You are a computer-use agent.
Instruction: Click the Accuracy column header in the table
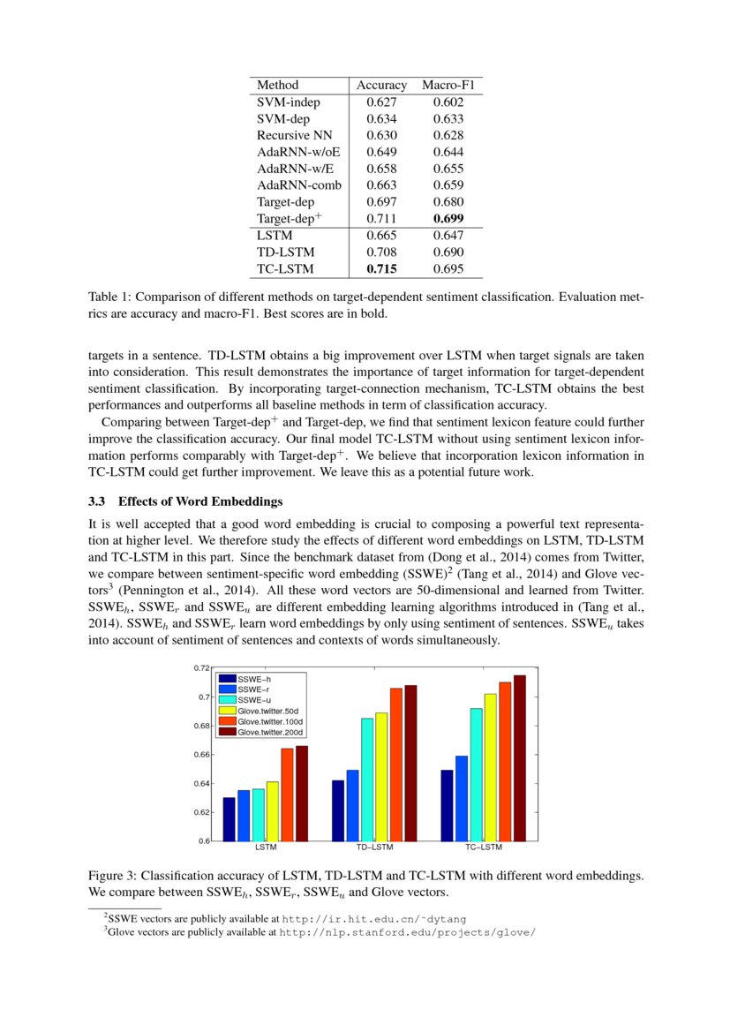click(x=381, y=86)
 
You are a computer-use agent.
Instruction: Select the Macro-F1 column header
click(x=448, y=86)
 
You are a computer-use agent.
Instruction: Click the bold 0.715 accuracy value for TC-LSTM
click(x=381, y=269)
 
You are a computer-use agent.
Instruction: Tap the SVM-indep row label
click(x=289, y=102)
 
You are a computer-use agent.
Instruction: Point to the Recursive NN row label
click(x=296, y=135)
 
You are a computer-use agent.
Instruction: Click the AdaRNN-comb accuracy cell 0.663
click(x=381, y=185)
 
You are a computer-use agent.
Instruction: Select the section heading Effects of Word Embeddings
click(x=200, y=502)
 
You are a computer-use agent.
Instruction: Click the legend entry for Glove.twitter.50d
click(x=268, y=710)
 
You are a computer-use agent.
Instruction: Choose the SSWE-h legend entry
click(x=254, y=678)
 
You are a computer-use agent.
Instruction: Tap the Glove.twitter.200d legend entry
click(x=270, y=732)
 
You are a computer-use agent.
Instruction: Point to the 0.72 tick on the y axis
click(x=202, y=668)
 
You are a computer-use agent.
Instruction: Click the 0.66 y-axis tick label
click(x=202, y=755)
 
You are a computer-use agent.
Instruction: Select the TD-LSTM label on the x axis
click(x=374, y=847)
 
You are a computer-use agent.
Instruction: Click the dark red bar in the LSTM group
click(x=302, y=794)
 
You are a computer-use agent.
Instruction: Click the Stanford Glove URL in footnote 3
click(x=407, y=931)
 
